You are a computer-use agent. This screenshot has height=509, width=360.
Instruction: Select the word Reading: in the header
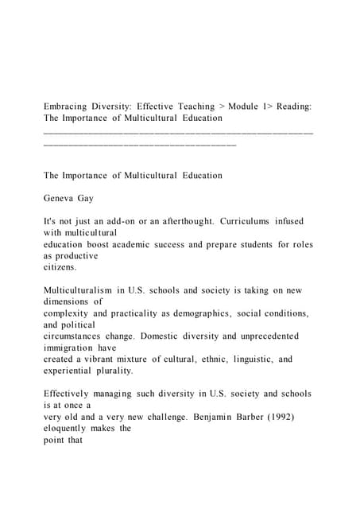coord(297,106)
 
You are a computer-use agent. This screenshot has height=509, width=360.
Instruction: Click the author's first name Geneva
coord(60,198)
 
